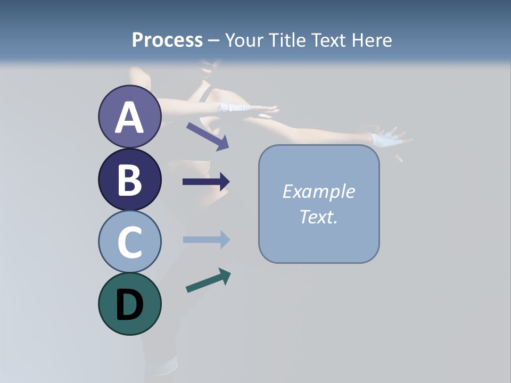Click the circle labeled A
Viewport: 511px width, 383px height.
click(x=129, y=116)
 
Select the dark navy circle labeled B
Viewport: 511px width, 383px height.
click(x=129, y=179)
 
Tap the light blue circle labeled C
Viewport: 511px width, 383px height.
click(x=129, y=242)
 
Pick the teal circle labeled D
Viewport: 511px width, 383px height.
click(x=129, y=304)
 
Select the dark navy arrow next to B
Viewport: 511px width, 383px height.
click(x=206, y=182)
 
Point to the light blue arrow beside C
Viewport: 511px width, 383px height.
click(x=206, y=240)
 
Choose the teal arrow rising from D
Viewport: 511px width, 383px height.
click(x=208, y=280)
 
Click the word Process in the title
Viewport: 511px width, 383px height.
click(x=167, y=40)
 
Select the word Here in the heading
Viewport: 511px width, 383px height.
click(x=372, y=40)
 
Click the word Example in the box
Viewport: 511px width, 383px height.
click(x=318, y=191)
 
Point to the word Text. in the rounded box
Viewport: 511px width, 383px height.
click(x=318, y=217)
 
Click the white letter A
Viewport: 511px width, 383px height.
click(x=129, y=118)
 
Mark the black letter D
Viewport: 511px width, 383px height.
click(x=129, y=305)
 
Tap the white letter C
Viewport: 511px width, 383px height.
click(x=129, y=243)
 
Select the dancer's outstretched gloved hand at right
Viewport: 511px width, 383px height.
click(x=386, y=139)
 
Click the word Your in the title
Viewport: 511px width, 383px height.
click(x=244, y=40)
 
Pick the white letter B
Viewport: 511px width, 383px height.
click(x=129, y=180)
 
